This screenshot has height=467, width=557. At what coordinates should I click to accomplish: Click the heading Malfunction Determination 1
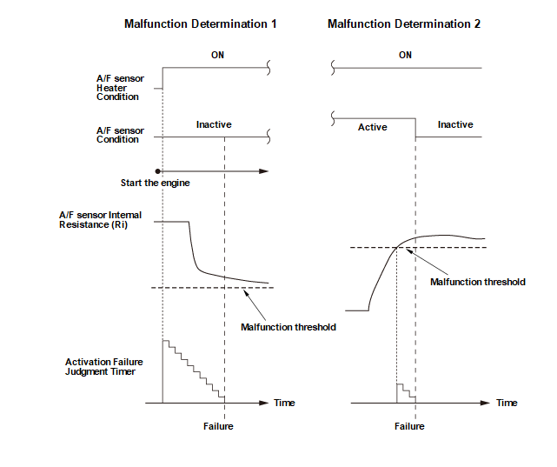pos(201,24)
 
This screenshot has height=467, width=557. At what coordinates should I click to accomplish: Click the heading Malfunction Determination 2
pos(404,24)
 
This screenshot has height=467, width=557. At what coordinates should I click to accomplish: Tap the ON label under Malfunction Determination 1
pos(217,56)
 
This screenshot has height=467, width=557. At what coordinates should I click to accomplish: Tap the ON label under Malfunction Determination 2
pos(405,56)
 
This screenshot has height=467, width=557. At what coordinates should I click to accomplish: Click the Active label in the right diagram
pos(372,127)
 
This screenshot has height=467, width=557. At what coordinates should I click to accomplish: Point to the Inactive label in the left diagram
pos(214,124)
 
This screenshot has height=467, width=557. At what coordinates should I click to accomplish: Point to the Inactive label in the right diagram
pos(454,124)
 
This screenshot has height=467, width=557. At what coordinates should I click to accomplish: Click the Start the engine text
pos(156,183)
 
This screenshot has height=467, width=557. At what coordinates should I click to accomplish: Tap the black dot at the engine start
pos(157,170)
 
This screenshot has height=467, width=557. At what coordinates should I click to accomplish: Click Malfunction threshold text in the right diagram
pos(478,282)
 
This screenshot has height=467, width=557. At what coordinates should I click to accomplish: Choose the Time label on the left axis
pos(284,403)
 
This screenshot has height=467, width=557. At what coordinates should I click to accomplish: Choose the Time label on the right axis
pos(507,403)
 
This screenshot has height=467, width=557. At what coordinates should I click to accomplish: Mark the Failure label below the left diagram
pos(218,426)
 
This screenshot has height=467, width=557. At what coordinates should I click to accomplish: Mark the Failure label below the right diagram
pos(409,426)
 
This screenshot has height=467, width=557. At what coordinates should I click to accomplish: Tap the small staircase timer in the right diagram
pos(406,392)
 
